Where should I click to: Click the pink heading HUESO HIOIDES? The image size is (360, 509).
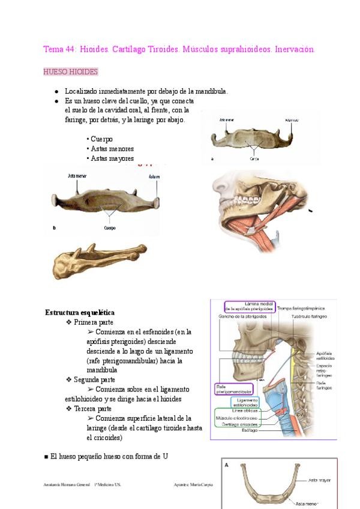point(70,72)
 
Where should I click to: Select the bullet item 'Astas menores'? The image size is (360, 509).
point(112,149)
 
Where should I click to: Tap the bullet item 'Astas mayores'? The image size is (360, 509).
point(112,158)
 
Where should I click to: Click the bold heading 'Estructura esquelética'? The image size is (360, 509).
point(80,313)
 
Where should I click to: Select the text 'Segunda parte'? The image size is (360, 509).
point(94,380)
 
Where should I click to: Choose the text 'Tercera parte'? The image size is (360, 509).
point(93,409)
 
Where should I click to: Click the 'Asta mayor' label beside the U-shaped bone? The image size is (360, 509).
point(320,480)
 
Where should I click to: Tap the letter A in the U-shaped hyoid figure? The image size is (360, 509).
point(227,464)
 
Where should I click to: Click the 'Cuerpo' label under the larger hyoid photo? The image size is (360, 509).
point(110,228)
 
